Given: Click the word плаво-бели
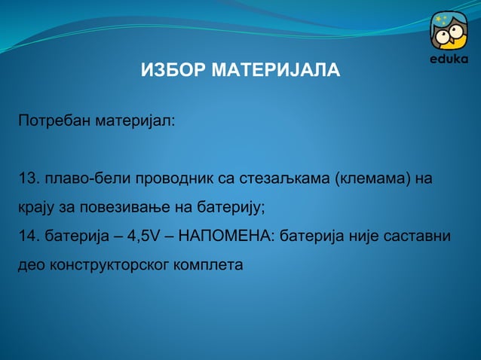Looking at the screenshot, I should click(81, 179).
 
